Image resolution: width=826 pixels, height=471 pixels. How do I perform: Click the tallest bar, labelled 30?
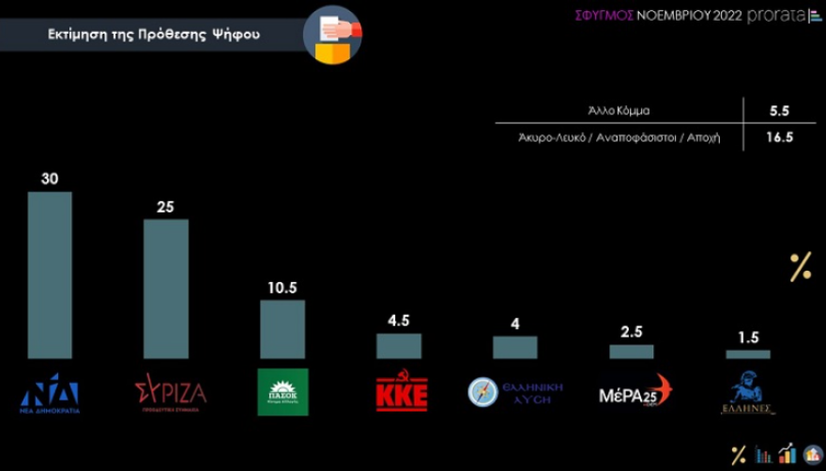(50, 275)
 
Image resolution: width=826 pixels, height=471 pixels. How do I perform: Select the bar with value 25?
(166, 289)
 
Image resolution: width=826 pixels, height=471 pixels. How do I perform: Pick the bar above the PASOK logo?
(282, 329)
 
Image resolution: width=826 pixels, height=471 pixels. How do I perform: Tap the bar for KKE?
(399, 345)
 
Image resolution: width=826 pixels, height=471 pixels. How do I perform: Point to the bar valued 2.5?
(631, 352)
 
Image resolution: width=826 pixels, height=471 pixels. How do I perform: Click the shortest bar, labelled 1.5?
(747, 354)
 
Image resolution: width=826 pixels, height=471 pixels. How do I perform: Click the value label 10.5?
(282, 288)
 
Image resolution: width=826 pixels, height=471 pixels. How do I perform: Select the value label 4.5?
(399, 321)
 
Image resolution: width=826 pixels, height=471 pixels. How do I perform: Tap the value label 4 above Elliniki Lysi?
(514, 323)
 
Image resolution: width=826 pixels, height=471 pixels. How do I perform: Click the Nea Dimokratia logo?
(50, 393)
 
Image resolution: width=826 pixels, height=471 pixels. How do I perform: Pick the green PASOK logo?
(282, 391)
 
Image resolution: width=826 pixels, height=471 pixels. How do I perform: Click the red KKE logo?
(402, 393)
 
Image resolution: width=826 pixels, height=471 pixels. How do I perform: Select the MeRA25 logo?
(635, 390)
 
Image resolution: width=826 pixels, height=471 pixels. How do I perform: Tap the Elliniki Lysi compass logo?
(483, 391)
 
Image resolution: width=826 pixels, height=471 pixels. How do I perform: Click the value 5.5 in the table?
(778, 110)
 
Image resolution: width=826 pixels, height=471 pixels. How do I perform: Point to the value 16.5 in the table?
(778, 137)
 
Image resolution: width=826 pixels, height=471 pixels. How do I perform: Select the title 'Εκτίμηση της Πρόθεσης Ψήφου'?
(155, 35)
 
